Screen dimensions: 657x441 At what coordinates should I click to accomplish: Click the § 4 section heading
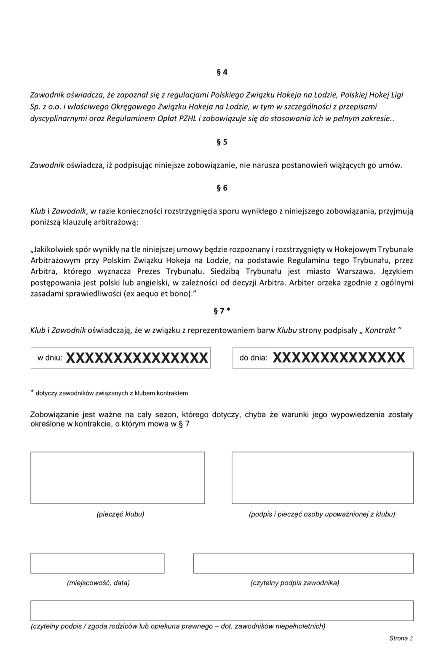[x=222, y=72]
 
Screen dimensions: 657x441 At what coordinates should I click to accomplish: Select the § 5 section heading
[x=222, y=142]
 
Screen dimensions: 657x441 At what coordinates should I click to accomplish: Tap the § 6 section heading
[x=222, y=188]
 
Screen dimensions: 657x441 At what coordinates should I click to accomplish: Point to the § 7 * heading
[x=222, y=311]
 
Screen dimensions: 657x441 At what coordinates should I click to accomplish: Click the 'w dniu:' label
[x=50, y=358]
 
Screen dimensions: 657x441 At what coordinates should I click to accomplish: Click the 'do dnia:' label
[x=253, y=358]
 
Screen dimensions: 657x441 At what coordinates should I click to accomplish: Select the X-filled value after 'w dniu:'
[x=137, y=358]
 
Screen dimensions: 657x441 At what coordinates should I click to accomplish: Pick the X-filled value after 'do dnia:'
[x=339, y=358]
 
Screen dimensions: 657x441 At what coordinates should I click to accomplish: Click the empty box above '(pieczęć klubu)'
[x=118, y=478]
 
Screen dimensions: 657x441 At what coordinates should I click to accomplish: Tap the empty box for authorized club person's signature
[x=322, y=478]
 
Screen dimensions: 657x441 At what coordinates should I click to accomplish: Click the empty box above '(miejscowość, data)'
[x=97, y=564]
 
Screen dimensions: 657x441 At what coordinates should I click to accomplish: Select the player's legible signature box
[x=303, y=564]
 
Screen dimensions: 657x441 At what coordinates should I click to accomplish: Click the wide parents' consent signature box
[x=222, y=611]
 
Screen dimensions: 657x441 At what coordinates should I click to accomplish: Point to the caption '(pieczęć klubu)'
[x=120, y=514]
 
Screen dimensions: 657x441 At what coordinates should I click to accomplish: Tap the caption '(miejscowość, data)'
[x=98, y=583]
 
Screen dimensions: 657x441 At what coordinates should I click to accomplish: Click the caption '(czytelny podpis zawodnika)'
[x=295, y=583]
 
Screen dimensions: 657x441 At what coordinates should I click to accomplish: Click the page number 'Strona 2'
[x=401, y=638]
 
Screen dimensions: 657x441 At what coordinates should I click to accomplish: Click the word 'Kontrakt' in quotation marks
[x=380, y=331]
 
